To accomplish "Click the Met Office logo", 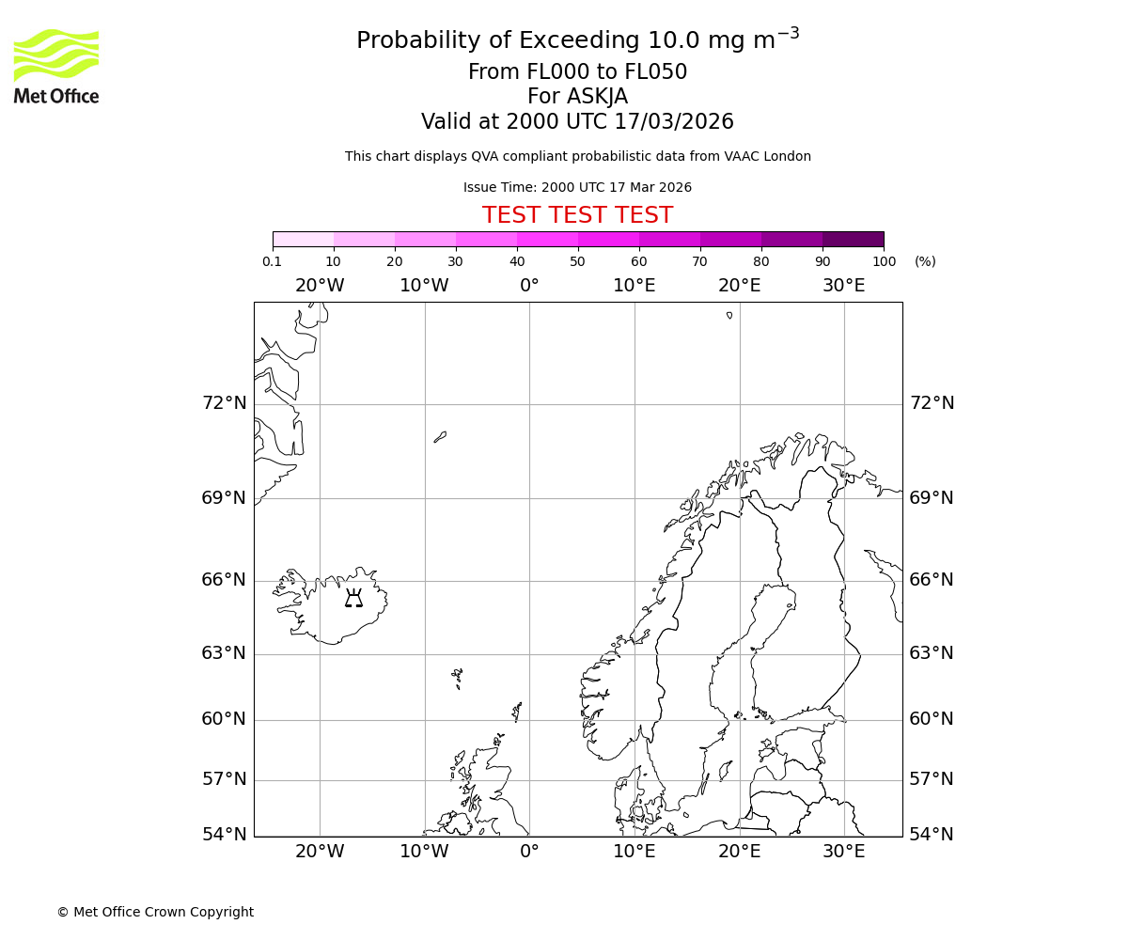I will point(56,66).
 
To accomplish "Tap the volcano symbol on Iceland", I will point(353,598).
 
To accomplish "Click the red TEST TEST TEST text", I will point(577,215).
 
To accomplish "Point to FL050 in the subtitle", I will point(655,72).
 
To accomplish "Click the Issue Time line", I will point(577,188).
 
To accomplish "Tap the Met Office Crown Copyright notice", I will point(155,912).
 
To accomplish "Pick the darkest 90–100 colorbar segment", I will point(853,239).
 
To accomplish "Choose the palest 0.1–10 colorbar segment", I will point(303,239).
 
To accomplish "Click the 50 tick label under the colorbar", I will point(577,261).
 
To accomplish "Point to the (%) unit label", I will point(925,261).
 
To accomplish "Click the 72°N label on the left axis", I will point(224,403).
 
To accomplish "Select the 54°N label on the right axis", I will point(932,835).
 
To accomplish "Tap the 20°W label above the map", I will point(320,286).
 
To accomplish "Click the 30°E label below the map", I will point(844,852).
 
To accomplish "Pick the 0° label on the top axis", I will point(529,286).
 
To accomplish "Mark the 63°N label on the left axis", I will point(224,653).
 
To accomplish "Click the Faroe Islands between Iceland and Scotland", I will point(457,677).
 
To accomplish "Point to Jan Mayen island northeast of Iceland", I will point(440,437).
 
